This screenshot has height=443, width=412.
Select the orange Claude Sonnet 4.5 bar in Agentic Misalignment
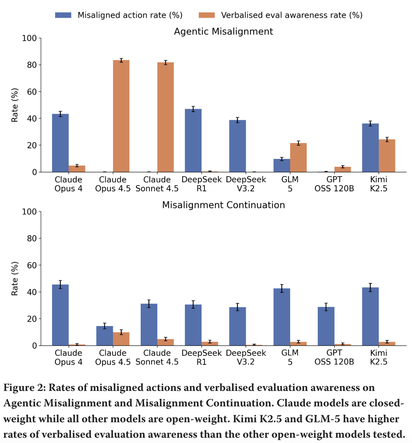pos(166,117)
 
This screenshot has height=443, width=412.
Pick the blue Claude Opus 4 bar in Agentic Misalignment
pos(60,143)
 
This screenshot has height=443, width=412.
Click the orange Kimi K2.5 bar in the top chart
pos(387,156)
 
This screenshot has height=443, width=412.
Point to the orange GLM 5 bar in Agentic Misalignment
pos(298,158)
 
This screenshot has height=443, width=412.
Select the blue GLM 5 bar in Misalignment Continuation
pos(282,317)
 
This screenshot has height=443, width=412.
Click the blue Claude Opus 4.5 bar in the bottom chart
pos(105,336)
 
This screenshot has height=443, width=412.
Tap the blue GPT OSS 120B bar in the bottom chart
pos(326,326)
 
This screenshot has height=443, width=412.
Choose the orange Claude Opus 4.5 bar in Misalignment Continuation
pos(121,339)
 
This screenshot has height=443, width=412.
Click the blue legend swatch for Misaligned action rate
pos(63,15)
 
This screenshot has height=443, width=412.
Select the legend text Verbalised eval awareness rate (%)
pos(292,15)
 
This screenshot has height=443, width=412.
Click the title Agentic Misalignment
pos(223,31)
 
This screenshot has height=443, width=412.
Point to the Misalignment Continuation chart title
pos(223,205)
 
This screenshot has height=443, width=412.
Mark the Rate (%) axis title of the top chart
pos(15,105)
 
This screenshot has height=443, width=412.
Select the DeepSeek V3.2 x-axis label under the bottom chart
pos(246,357)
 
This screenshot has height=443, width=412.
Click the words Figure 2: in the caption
pos(25,388)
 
